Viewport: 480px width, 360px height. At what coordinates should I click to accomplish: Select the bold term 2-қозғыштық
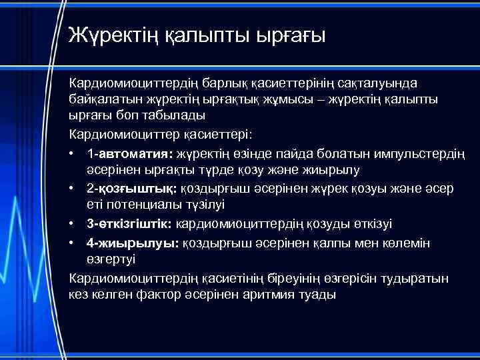[127, 189]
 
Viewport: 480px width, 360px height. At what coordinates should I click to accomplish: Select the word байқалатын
[103, 101]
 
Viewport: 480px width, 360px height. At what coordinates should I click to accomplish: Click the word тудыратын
[418, 276]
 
